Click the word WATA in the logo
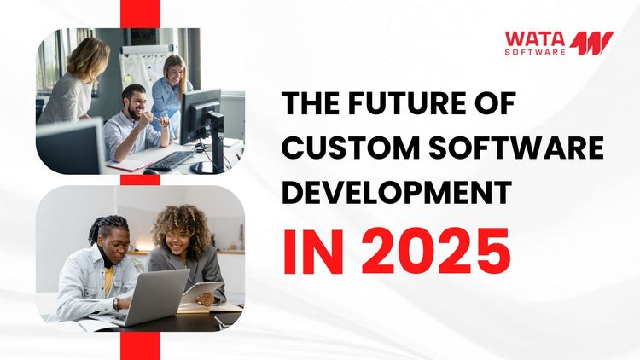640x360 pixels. click(x=534, y=38)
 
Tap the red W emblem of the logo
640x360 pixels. click(x=592, y=44)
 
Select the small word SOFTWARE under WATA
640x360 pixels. click(x=535, y=52)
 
